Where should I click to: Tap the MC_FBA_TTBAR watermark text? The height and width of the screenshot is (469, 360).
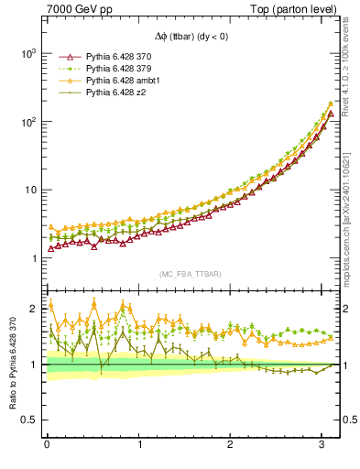pyautogui.click(x=191, y=274)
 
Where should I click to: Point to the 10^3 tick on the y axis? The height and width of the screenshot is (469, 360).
pyautogui.click(x=29, y=54)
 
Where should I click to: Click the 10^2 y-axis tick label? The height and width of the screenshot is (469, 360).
pyautogui.click(x=29, y=122)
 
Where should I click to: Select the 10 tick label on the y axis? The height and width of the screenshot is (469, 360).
pyautogui.click(x=32, y=191)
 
